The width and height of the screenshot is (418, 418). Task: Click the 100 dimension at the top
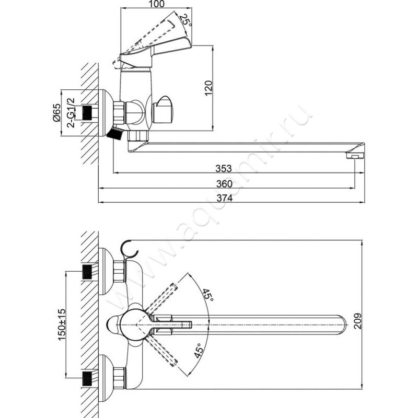click(157, 4)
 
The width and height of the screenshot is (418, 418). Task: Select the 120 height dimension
click(208, 88)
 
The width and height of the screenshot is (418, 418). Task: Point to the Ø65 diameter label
click(57, 112)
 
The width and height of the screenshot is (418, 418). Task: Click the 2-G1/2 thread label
click(72, 113)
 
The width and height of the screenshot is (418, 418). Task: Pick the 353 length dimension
click(224, 168)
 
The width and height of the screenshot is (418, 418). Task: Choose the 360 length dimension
click(224, 184)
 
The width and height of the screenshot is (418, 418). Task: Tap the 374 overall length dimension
click(225, 198)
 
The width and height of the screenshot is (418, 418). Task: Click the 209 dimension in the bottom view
click(358, 321)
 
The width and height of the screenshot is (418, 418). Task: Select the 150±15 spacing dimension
click(62, 324)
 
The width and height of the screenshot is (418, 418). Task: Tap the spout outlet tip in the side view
click(355, 155)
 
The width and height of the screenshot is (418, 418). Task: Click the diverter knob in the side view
click(162, 110)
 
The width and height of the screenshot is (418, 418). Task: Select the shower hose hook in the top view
click(129, 250)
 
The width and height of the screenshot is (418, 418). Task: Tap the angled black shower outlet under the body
click(115, 133)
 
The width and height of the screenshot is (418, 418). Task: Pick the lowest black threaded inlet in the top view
click(87, 378)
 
